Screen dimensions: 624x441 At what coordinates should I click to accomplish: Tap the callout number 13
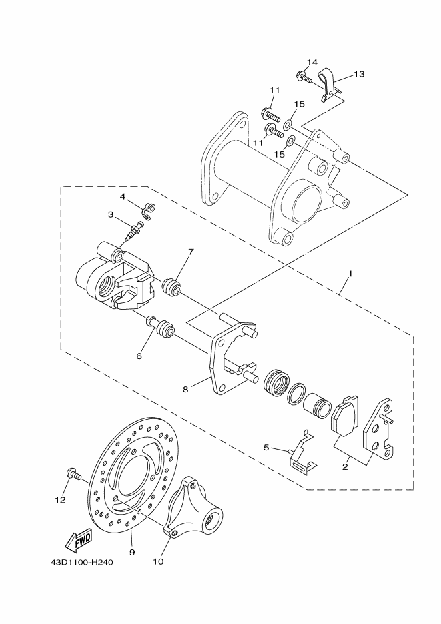359,74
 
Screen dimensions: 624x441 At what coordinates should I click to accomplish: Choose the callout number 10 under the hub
158,561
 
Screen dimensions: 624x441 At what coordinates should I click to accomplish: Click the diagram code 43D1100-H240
81,562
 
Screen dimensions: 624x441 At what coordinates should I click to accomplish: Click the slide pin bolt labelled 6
160,327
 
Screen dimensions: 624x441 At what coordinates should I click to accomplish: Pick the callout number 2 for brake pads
345,467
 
